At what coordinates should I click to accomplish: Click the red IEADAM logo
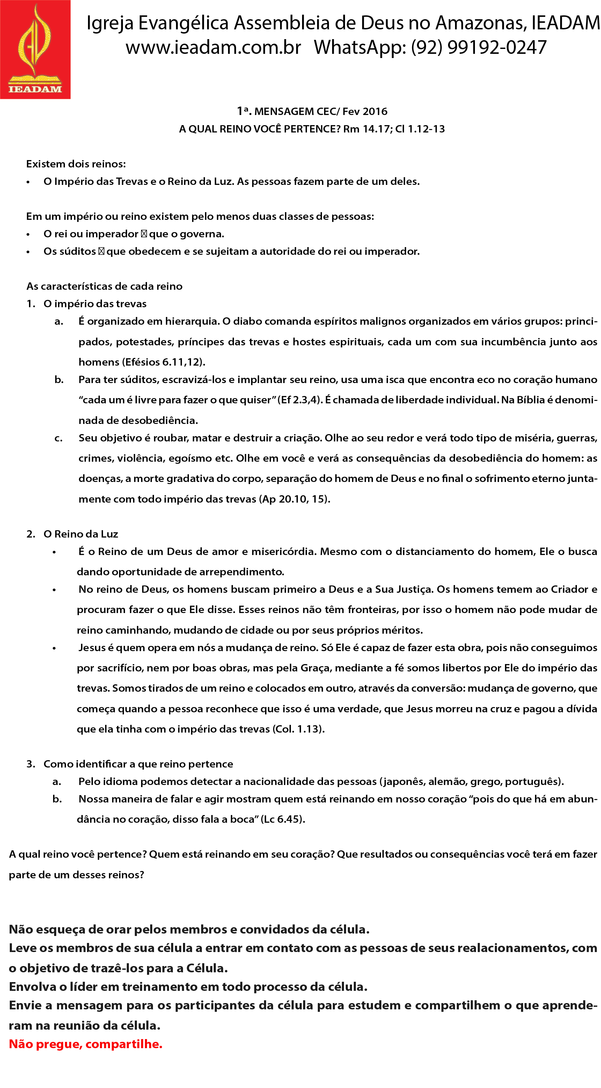pyautogui.click(x=35, y=49)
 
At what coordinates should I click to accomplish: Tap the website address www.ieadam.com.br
pyautogui.click(x=213, y=47)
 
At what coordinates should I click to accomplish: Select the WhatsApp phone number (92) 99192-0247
pyautogui.click(x=479, y=47)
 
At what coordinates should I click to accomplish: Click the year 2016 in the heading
pyautogui.click(x=375, y=111)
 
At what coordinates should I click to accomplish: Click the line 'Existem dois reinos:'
pyautogui.click(x=76, y=164)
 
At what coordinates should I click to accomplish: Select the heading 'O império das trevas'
pyautogui.click(x=95, y=304)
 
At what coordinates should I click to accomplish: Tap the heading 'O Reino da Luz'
pyautogui.click(x=81, y=534)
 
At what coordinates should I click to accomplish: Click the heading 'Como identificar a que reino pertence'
pyautogui.click(x=138, y=764)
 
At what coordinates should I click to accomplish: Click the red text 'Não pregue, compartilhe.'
pyautogui.click(x=86, y=1044)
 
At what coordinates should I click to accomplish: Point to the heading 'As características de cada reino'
pyautogui.click(x=104, y=286)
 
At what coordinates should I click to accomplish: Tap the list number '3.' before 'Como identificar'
pyautogui.click(x=31, y=764)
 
